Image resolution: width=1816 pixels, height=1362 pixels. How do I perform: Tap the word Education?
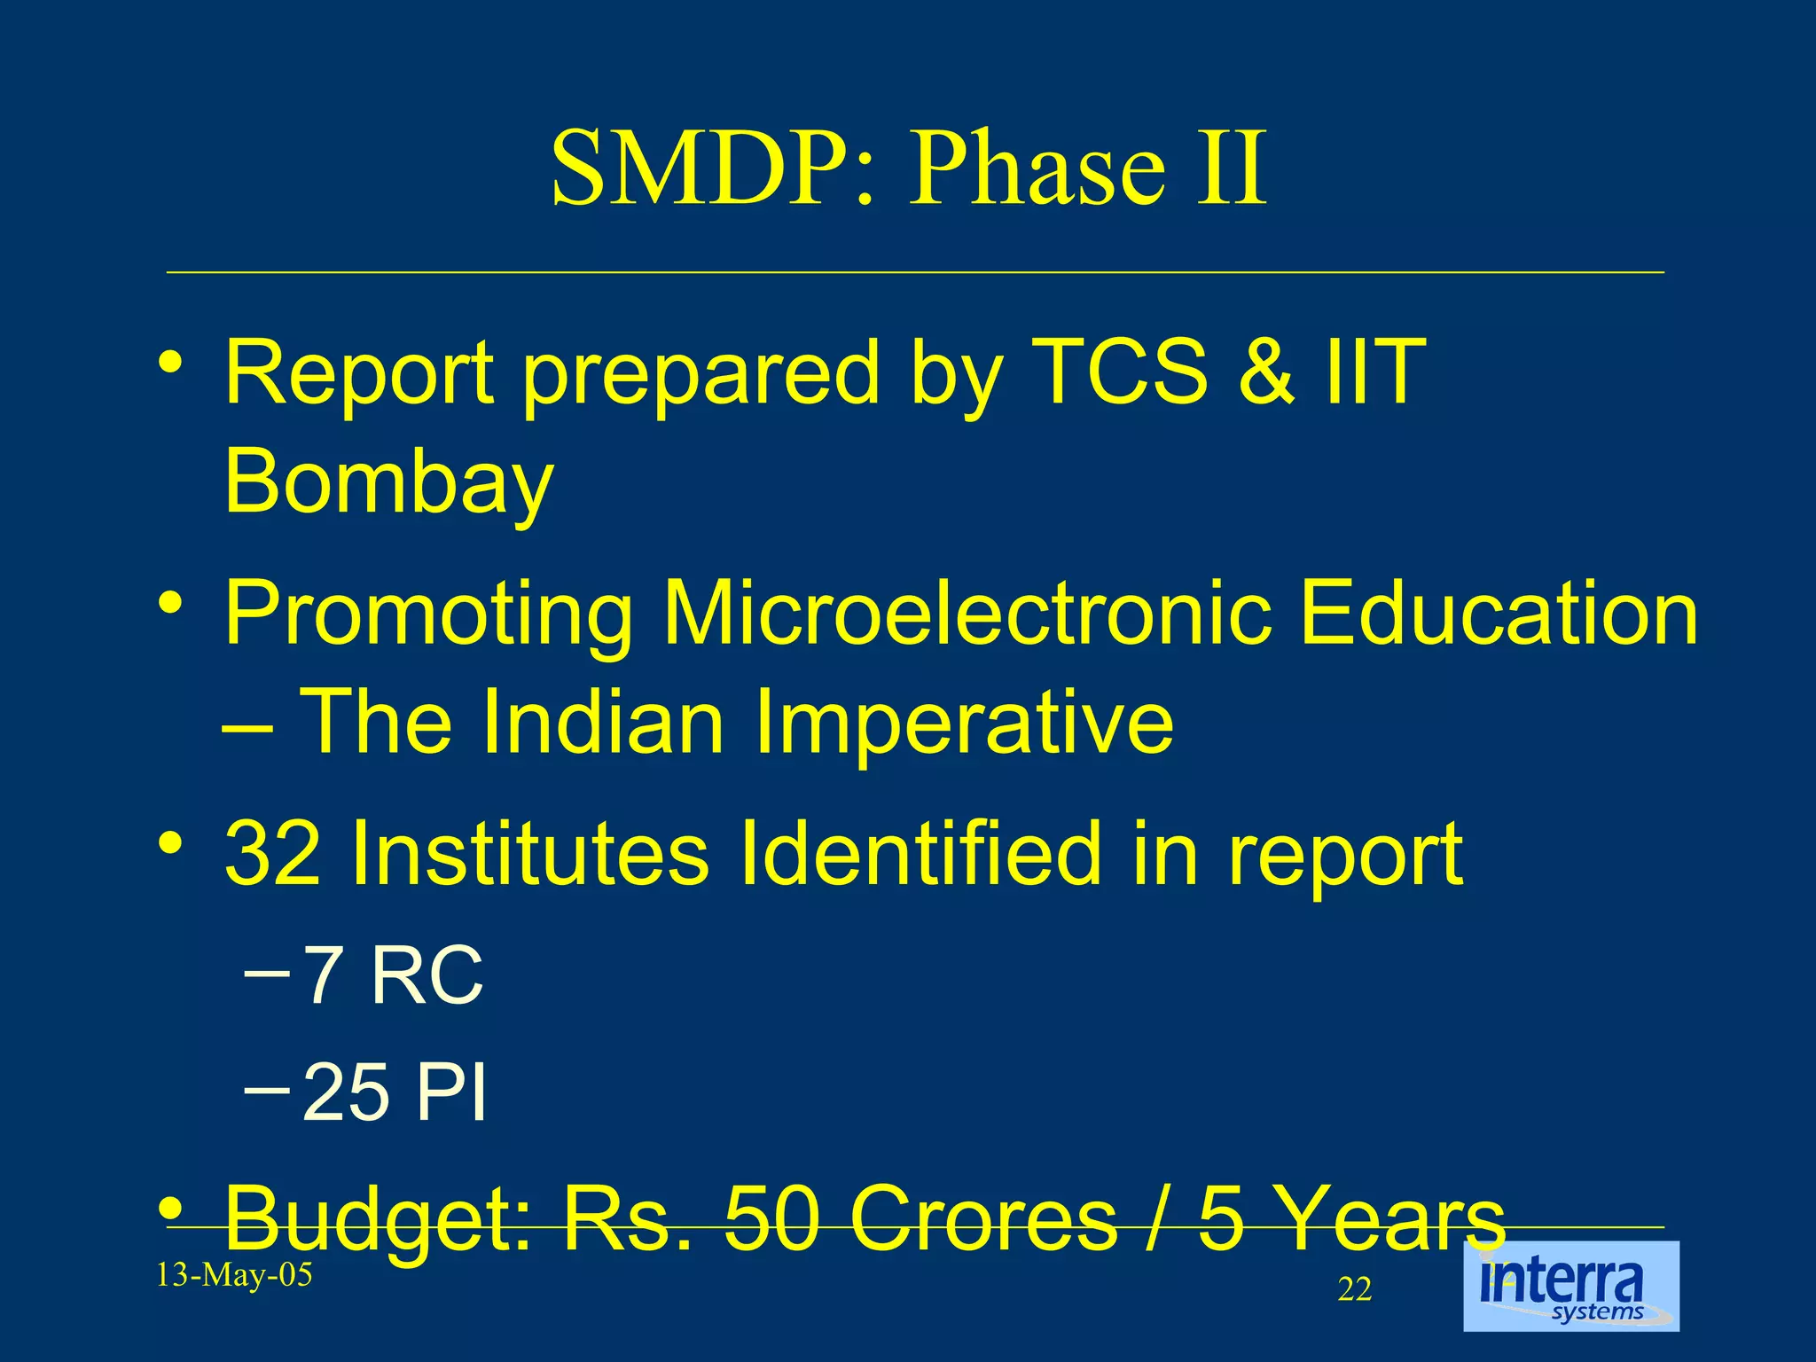pyautogui.click(x=1499, y=614)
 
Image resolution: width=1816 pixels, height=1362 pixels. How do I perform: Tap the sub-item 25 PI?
pyautogui.click(x=395, y=1092)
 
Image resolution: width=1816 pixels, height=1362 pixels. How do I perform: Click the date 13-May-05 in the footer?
pyautogui.click(x=234, y=1275)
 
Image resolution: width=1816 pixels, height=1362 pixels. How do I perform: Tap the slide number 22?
pyautogui.click(x=1354, y=1289)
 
